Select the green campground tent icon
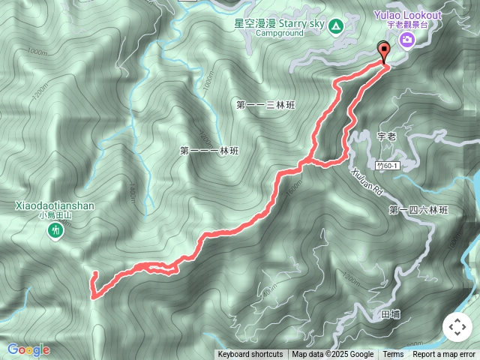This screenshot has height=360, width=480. [x=337, y=28]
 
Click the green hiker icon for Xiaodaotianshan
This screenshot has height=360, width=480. [x=55, y=232]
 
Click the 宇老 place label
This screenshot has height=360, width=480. [x=386, y=136]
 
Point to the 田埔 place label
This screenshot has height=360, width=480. [x=391, y=314]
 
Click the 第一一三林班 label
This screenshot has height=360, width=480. [x=266, y=105]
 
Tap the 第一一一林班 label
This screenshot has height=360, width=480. [x=209, y=151]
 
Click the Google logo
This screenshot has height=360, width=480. [x=28, y=349]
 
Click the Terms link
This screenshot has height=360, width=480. [x=393, y=355]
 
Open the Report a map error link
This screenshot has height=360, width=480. [x=444, y=355]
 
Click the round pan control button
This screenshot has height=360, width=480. [x=457, y=328]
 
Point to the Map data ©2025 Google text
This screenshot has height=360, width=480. [x=333, y=355]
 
